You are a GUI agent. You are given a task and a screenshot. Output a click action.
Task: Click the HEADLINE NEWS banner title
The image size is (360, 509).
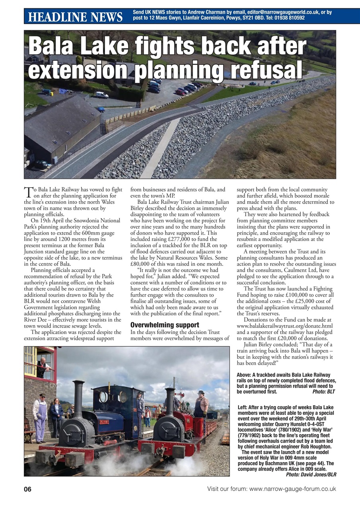(75, 17)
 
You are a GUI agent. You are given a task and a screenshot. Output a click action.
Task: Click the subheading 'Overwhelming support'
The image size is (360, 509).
(165, 325)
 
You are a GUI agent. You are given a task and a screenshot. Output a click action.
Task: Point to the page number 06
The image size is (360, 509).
(27, 489)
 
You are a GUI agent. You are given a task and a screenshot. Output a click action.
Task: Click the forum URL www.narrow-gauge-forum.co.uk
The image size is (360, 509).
(293, 489)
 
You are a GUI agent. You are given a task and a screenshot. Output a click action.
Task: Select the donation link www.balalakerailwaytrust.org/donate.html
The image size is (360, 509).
(284, 326)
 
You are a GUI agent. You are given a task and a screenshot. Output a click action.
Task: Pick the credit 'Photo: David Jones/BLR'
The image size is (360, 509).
(311, 474)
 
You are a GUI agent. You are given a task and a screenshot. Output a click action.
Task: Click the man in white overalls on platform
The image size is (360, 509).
(39, 418)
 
